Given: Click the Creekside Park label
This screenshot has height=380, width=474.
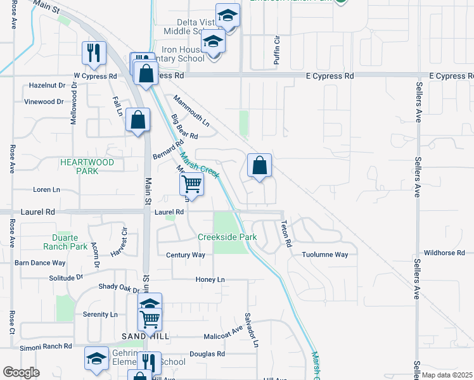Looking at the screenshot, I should [x=227, y=237].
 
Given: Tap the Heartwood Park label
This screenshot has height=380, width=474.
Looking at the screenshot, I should [x=87, y=167].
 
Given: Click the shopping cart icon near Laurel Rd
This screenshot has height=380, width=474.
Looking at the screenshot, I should [x=191, y=184].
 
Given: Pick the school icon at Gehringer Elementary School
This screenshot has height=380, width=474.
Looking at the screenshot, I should [x=96, y=359].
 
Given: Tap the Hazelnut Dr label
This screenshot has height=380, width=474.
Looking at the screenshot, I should [x=48, y=85].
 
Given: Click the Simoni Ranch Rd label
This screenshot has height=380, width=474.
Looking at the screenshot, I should [x=45, y=346].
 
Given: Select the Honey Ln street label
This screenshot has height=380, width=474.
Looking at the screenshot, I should [x=211, y=279].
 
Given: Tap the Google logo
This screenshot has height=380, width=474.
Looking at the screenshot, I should [x=22, y=372].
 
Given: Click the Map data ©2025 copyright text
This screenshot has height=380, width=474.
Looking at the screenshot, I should [x=447, y=375].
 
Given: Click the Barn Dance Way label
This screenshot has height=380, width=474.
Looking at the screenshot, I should [x=41, y=262].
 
